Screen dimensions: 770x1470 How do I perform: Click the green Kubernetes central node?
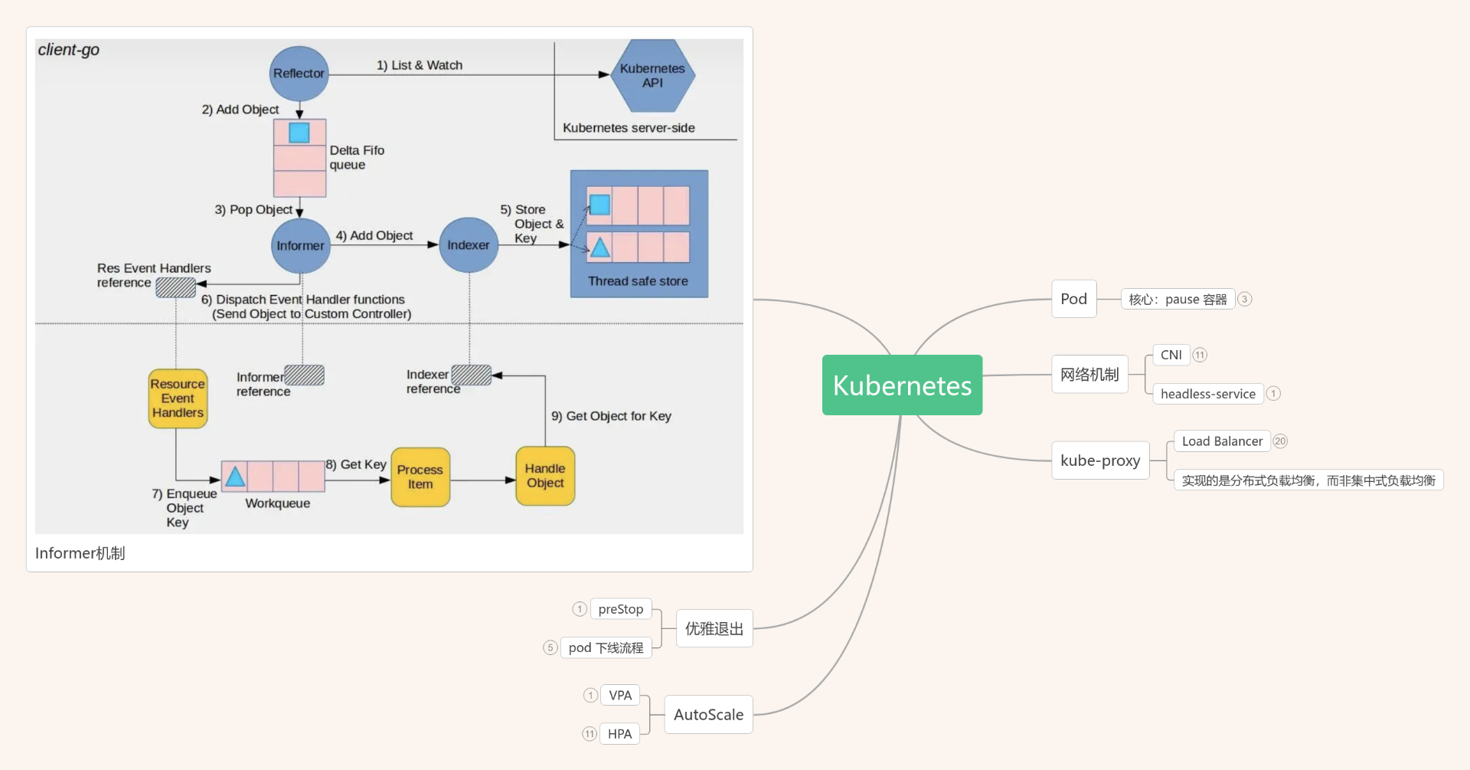(902, 385)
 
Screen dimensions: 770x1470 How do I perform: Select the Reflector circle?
(299, 74)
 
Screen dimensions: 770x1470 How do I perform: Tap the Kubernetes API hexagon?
(652, 75)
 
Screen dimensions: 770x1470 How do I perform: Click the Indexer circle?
(469, 245)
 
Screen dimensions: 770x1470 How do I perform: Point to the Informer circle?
(300, 245)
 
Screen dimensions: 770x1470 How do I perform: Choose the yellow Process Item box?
(420, 477)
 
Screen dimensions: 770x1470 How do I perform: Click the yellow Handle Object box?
(545, 476)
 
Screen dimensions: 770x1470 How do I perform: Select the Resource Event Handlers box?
(178, 398)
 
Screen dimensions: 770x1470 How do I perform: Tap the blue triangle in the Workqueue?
(235, 477)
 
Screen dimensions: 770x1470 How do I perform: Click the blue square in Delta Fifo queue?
(299, 133)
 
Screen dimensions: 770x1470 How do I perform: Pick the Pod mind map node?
(1073, 299)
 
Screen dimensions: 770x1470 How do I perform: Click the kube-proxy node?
(1100, 460)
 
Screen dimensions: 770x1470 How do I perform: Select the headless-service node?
(1207, 394)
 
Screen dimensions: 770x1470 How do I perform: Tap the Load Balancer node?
(1222, 441)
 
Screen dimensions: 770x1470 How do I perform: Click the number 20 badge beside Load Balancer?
(1280, 441)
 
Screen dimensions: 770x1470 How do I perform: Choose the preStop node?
(621, 609)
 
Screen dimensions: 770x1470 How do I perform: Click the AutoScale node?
(708, 715)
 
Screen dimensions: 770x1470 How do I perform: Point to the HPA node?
(619, 734)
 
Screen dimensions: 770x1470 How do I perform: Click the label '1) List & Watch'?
(420, 65)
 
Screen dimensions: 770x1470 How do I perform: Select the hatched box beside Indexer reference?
(471, 375)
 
